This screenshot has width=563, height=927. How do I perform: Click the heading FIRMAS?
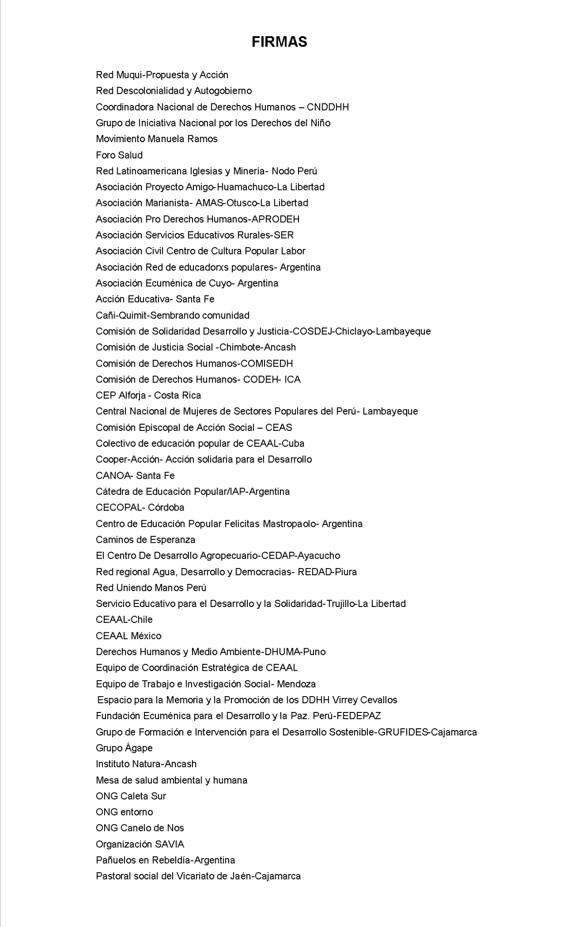click(279, 42)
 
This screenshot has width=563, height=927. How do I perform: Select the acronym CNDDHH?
click(327, 107)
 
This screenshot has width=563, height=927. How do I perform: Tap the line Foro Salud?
click(119, 155)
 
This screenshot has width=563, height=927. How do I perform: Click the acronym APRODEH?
click(275, 219)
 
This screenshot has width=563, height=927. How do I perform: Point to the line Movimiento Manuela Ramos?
click(157, 139)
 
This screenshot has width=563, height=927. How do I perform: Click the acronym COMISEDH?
click(266, 363)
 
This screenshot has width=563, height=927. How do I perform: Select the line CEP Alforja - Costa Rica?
click(149, 395)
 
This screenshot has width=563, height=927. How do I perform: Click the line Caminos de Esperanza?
click(145, 540)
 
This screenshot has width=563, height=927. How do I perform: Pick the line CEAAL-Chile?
click(124, 620)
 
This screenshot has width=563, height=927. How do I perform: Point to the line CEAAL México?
click(129, 636)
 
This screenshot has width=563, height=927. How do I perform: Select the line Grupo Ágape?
click(124, 748)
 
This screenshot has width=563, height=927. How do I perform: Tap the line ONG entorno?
click(125, 812)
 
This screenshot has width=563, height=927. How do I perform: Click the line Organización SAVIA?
click(140, 844)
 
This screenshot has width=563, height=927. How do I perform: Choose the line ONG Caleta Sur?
click(131, 796)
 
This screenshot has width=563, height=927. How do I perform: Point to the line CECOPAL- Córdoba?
click(140, 507)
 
